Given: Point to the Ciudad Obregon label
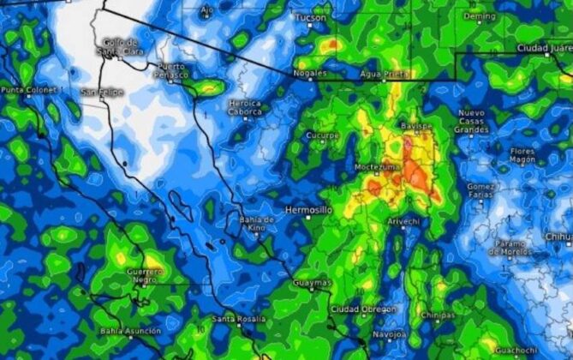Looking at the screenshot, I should tap(363, 309).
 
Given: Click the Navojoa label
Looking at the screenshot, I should tap(390, 333).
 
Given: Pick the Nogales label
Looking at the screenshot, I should tap(310, 73).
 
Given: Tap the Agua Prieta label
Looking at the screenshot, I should tap(384, 74).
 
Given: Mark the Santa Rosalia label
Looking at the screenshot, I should tap(236, 320).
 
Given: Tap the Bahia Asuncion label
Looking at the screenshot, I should tap(129, 331).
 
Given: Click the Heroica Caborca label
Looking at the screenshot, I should tap(246, 108).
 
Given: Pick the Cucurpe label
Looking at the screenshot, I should tap(323, 135).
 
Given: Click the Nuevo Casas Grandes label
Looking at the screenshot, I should tap(471, 122).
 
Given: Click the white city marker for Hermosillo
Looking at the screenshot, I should tap(309, 218).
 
